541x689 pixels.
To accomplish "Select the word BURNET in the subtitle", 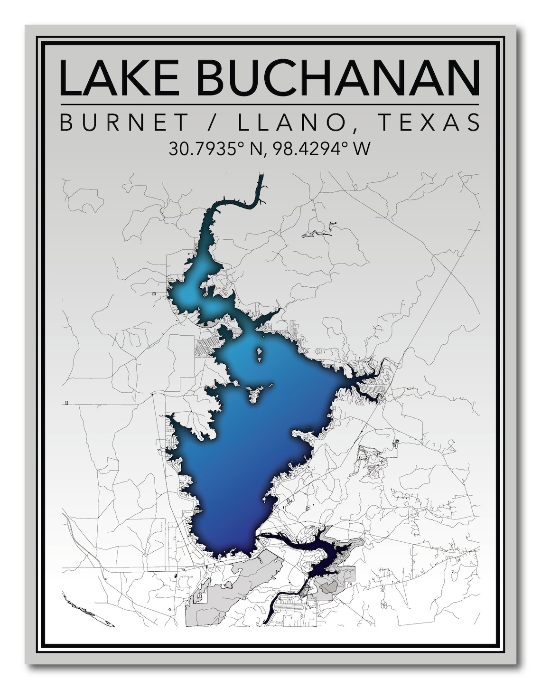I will [x=125, y=123].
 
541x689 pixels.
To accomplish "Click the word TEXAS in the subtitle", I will [x=428, y=123].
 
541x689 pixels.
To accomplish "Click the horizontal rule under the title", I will [x=270, y=104].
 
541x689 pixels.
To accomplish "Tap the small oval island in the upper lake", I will [x=260, y=353].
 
